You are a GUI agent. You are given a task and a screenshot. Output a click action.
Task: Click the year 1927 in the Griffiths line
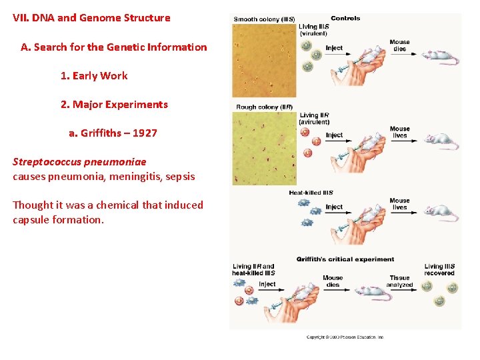[x=145, y=133]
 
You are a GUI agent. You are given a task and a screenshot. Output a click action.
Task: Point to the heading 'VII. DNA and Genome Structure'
[x=91, y=18]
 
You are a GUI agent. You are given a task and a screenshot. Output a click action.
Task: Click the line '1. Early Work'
[x=94, y=76]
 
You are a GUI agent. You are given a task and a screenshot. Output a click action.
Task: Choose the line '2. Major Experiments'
[x=114, y=105]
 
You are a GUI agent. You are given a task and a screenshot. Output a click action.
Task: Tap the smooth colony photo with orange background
[x=263, y=60]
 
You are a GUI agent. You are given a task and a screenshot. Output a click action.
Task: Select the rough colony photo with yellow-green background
[x=263, y=148]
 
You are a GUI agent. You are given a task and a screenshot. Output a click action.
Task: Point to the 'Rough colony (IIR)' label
[x=264, y=107]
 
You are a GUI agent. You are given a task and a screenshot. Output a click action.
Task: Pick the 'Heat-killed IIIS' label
[x=311, y=193]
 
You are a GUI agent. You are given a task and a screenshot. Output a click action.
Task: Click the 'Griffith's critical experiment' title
[x=345, y=259]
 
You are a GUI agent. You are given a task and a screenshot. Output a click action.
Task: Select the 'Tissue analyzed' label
[x=400, y=281]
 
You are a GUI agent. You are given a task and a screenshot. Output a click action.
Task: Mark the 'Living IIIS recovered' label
[x=439, y=270]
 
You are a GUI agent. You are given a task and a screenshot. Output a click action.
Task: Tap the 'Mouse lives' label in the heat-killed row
[x=399, y=204]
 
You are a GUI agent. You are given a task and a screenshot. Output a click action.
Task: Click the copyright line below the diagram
[x=345, y=337]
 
